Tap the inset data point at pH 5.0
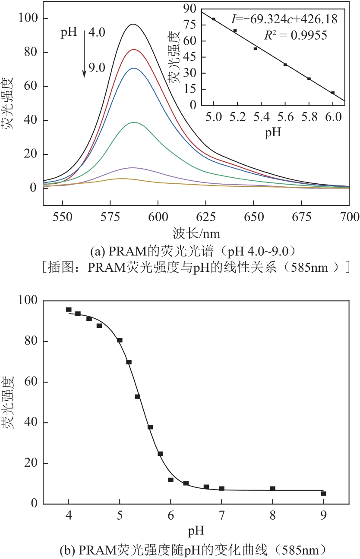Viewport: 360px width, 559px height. (214, 19)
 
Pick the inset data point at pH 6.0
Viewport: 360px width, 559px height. (333, 93)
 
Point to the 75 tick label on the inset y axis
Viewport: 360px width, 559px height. (190, 25)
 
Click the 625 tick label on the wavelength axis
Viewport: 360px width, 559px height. (206, 216)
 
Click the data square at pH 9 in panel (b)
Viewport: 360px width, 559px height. (323, 493)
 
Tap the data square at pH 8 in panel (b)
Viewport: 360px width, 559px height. (272, 489)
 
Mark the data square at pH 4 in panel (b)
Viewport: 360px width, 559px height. (69, 309)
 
